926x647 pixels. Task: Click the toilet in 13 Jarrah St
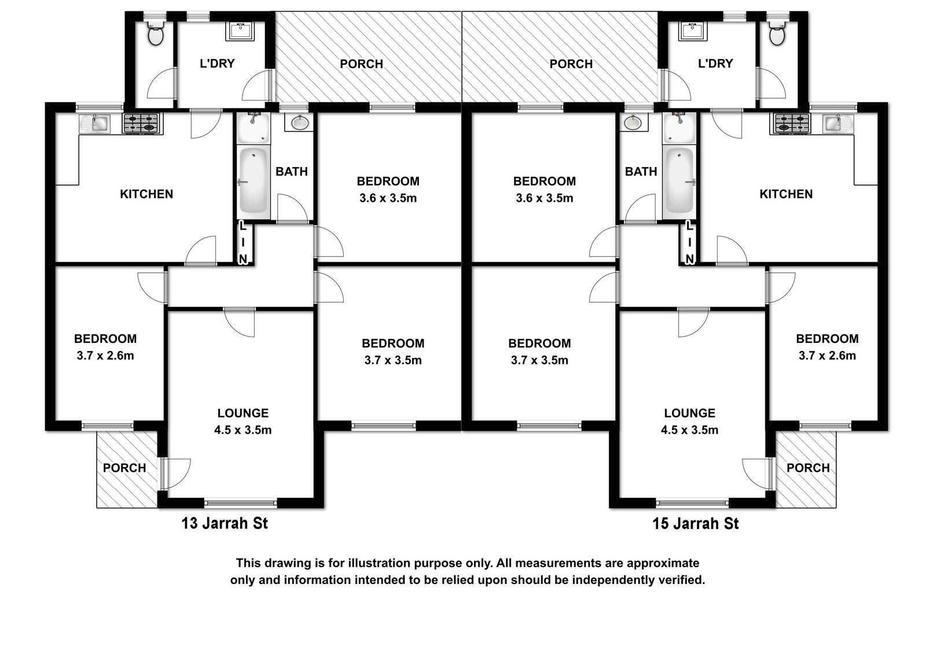tap(156, 34)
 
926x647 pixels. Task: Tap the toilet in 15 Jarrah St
tap(777, 34)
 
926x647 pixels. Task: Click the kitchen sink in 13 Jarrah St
tap(95, 123)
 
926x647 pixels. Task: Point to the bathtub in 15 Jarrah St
tap(679, 181)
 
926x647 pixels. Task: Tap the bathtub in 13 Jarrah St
tap(253, 181)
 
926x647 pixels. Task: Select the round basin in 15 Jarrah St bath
tap(633, 123)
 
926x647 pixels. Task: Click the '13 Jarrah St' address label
tap(225, 523)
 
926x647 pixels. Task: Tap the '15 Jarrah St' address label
tap(695, 523)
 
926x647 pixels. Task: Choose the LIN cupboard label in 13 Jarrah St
tap(243, 243)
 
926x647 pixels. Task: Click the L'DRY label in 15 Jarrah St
tap(715, 63)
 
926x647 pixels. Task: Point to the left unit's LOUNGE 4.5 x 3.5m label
tap(243, 422)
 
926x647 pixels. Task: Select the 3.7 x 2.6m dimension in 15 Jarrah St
tap(827, 356)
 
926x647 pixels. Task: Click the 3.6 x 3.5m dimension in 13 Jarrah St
tap(388, 198)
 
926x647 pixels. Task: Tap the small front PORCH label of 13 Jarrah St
tap(124, 468)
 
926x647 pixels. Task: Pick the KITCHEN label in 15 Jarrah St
tap(786, 194)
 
